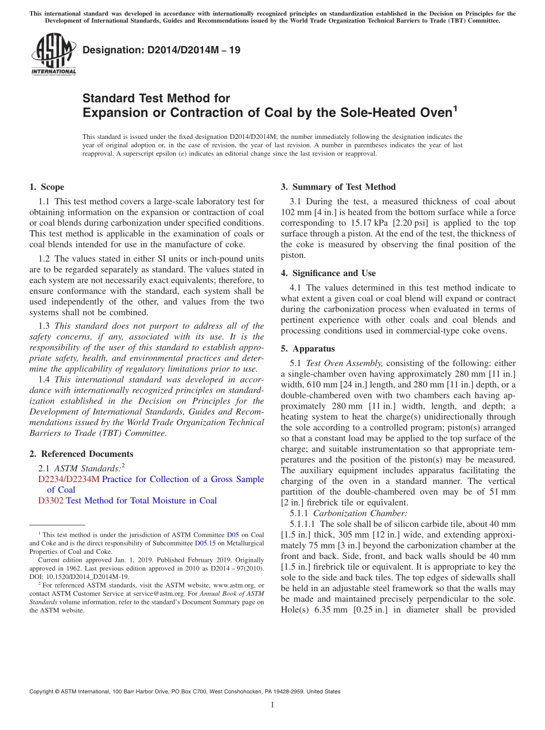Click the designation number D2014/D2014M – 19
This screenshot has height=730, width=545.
(x=161, y=51)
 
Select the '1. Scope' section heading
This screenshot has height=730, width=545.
(x=46, y=187)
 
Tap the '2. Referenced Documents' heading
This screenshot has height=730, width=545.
(x=81, y=454)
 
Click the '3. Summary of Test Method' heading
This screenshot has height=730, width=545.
(x=338, y=187)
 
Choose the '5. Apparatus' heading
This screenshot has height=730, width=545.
(x=307, y=349)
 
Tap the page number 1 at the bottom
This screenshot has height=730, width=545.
(x=272, y=705)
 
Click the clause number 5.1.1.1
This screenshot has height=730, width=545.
(x=303, y=524)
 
